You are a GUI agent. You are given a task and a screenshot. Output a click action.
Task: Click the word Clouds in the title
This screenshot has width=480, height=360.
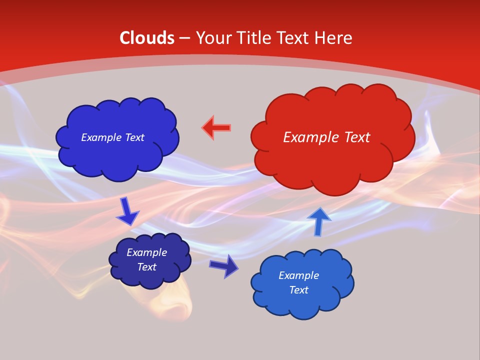click(147, 38)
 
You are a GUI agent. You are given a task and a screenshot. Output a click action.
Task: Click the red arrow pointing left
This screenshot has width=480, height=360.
click(216, 128)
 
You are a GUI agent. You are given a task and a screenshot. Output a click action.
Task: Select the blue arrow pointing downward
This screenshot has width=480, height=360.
click(127, 211)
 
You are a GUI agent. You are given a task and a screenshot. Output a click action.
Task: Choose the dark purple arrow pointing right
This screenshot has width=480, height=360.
click(224, 266)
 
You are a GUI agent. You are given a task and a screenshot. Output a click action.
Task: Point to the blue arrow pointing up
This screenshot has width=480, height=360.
click(319, 221)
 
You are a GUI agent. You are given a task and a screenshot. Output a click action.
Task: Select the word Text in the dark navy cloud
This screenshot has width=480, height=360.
click(147, 267)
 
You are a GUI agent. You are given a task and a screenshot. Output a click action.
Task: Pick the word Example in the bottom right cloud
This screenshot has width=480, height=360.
click(298, 275)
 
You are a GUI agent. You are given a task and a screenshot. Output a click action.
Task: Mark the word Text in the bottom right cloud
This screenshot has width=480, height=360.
click(298, 290)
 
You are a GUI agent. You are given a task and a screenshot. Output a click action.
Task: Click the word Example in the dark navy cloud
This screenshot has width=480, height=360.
click(147, 252)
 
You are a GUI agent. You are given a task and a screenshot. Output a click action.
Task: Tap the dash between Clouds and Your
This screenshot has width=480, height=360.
click(184, 38)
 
